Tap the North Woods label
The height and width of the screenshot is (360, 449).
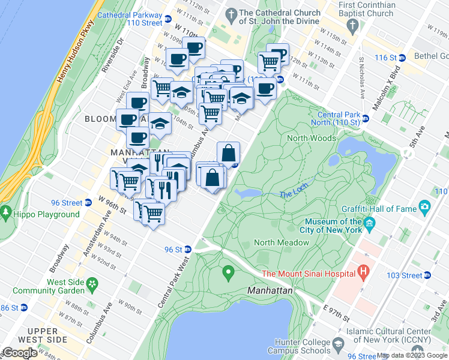pos(311,138)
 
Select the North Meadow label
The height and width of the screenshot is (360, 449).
pos(282,242)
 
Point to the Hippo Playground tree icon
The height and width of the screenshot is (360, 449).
pos(6,212)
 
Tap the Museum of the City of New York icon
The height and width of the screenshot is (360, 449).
pos(370,226)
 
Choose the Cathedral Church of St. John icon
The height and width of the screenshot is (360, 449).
pos(231,13)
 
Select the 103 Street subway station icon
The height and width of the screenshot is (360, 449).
pos(427,275)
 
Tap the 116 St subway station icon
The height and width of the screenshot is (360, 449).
pos(403,58)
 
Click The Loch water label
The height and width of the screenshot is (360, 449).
pos(293,193)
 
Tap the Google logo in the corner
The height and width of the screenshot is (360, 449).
pos(20,353)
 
